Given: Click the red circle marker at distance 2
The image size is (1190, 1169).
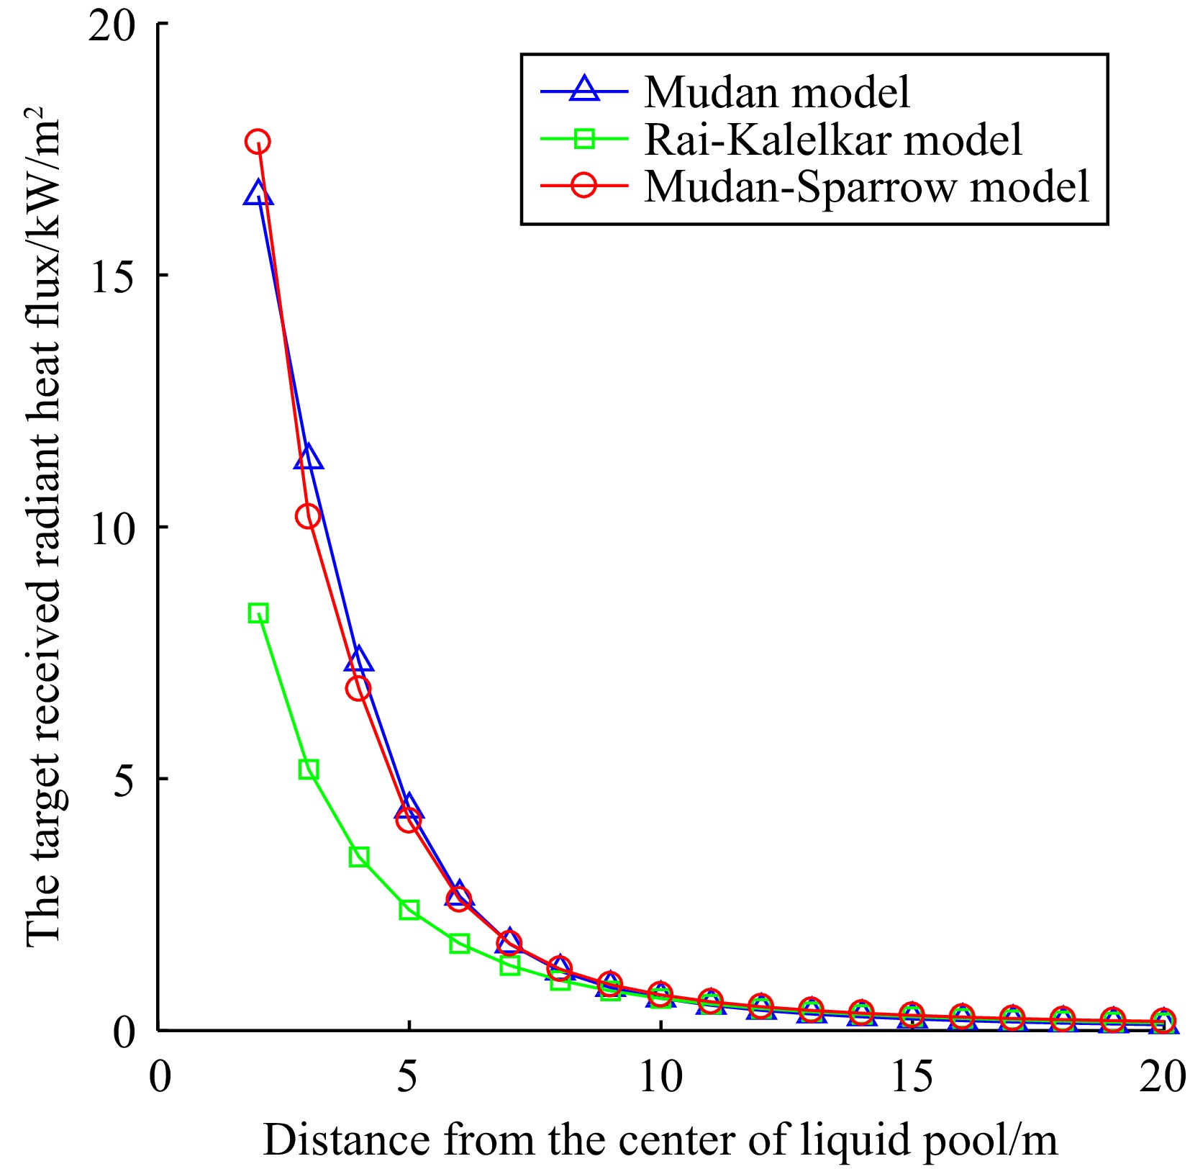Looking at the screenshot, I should coord(258,142).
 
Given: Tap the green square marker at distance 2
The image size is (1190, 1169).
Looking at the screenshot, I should coord(258,613).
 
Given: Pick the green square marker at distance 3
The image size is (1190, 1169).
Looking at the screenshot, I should coord(308,769).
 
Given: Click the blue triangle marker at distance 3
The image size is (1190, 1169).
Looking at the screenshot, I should coord(308,458).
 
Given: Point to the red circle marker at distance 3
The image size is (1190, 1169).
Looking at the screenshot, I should coord(308,516).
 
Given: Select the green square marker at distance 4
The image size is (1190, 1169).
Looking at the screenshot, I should coord(358,857).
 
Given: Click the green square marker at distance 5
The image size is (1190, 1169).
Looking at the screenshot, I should coord(409,910).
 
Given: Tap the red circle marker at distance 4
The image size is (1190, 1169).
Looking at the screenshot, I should coord(358,689).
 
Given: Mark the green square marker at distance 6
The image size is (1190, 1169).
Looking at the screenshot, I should coord(459,944).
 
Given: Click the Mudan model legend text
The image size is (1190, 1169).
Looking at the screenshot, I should coord(776,92).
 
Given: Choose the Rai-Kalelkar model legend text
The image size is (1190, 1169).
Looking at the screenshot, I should coord(832,139).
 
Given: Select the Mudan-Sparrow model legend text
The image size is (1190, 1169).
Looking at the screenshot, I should coord(866,186).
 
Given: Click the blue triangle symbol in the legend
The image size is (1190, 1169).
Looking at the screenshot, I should coord(583,89).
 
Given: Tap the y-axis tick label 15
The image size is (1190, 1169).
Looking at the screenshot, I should coord(114,276).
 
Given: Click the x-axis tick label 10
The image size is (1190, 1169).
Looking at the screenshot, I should coord(660,1078).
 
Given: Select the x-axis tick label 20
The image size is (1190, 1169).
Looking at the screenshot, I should coord(1162,1078).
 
